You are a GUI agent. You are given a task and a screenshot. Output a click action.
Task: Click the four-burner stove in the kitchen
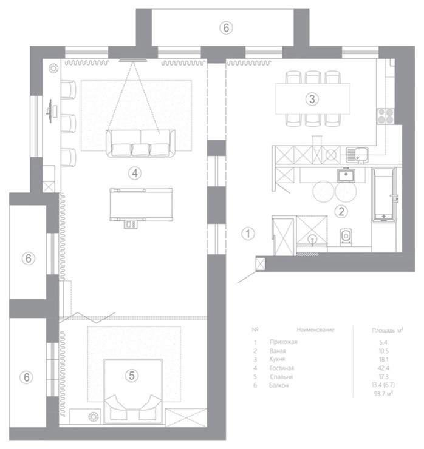click(x=386, y=115)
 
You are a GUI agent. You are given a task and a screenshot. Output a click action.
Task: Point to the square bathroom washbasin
click(x=346, y=176)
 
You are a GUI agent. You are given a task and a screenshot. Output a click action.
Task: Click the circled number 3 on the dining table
click(x=311, y=98)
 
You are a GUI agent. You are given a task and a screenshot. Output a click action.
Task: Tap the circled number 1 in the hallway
click(x=246, y=232)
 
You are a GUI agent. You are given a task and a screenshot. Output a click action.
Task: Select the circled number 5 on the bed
click(x=131, y=376)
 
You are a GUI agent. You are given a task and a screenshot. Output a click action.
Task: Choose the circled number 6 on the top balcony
click(x=225, y=27)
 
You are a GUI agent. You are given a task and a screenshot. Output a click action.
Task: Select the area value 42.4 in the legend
click(x=383, y=368)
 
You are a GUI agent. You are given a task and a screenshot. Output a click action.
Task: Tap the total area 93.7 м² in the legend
click(x=383, y=394)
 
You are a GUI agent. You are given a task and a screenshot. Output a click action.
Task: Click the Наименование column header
click(x=315, y=329)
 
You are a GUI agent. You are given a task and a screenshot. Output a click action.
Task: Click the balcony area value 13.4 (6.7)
click(x=383, y=385)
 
